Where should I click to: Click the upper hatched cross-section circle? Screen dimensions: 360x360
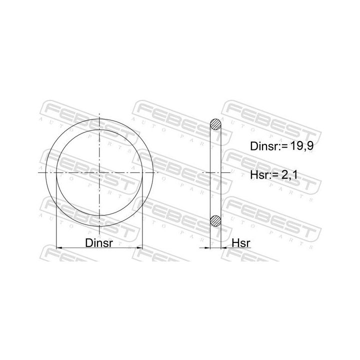[215, 124]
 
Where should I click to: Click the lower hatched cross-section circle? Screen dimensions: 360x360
[215, 220]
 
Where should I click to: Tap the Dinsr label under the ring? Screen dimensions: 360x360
[99, 242]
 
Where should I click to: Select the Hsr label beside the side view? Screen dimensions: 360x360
[241, 243]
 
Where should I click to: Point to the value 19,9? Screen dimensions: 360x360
[302, 146]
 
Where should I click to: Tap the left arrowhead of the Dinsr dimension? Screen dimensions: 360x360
[59, 247]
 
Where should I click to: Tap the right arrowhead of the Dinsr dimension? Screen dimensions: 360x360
[139, 247]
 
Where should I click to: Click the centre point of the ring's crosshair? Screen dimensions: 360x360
[99, 172]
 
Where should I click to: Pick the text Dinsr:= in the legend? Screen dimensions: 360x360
[269, 146]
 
